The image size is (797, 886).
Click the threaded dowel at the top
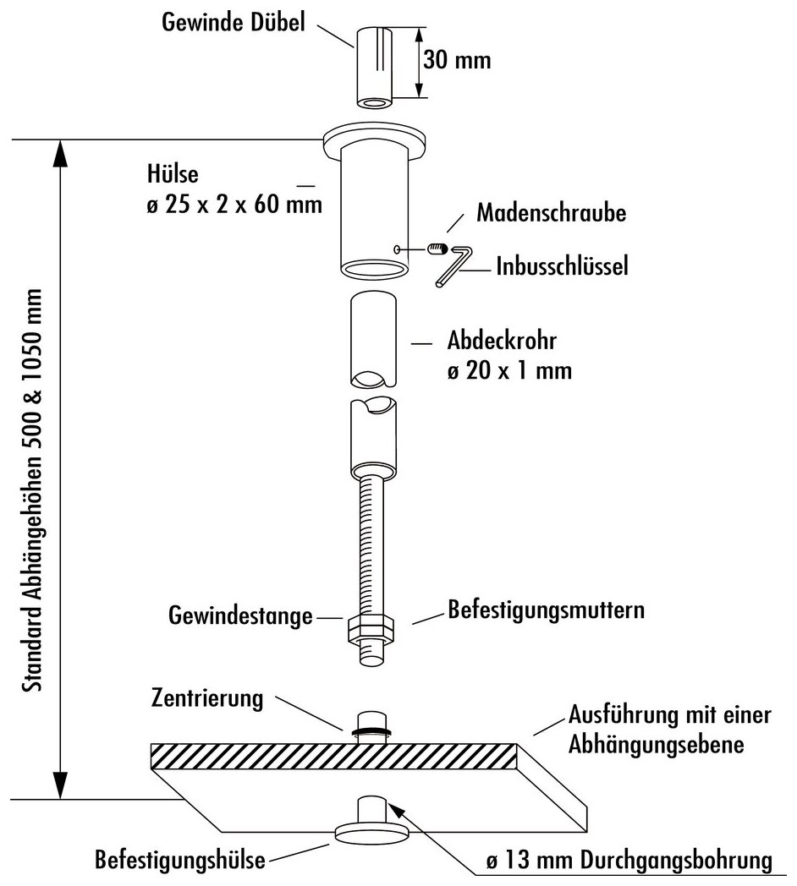pyautogui.click(x=373, y=68)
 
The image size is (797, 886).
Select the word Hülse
pyautogui.click(x=172, y=175)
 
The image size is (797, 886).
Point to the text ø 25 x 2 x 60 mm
pyautogui.click(x=234, y=205)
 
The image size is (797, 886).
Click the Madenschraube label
pyautogui.click(x=551, y=212)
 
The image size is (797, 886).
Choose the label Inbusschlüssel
pyautogui.click(x=562, y=268)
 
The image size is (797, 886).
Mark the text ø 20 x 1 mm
pyautogui.click(x=508, y=369)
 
